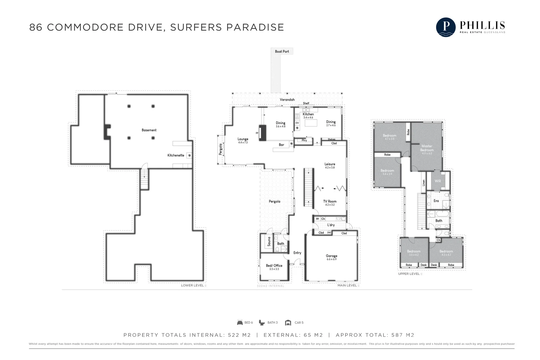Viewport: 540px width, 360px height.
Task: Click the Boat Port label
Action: (x=282, y=52)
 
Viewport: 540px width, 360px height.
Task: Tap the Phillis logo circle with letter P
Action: (x=446, y=27)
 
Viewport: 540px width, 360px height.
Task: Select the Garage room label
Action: (x=331, y=256)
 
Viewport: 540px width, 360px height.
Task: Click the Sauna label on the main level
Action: (x=269, y=242)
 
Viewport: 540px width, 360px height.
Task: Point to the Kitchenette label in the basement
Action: (x=176, y=156)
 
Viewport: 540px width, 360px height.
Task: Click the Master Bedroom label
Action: (x=427, y=148)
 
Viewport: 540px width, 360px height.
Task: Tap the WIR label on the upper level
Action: (x=438, y=181)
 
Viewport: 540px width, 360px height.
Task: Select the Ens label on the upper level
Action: (x=436, y=201)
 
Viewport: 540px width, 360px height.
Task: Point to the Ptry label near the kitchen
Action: (x=304, y=140)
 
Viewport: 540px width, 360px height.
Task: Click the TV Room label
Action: (x=330, y=201)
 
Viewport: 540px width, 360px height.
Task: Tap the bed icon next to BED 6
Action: (x=240, y=323)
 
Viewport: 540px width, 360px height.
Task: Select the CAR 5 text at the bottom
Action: (x=299, y=323)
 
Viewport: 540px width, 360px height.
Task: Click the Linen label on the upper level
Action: (x=424, y=183)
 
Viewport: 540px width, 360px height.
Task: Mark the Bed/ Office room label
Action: (x=274, y=266)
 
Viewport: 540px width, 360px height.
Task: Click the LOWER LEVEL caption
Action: (x=193, y=285)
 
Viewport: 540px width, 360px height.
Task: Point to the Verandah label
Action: (x=287, y=100)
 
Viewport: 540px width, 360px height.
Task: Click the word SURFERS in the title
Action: (x=195, y=27)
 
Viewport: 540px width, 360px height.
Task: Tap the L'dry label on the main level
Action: (x=331, y=225)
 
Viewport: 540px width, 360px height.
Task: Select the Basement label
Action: (x=149, y=130)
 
